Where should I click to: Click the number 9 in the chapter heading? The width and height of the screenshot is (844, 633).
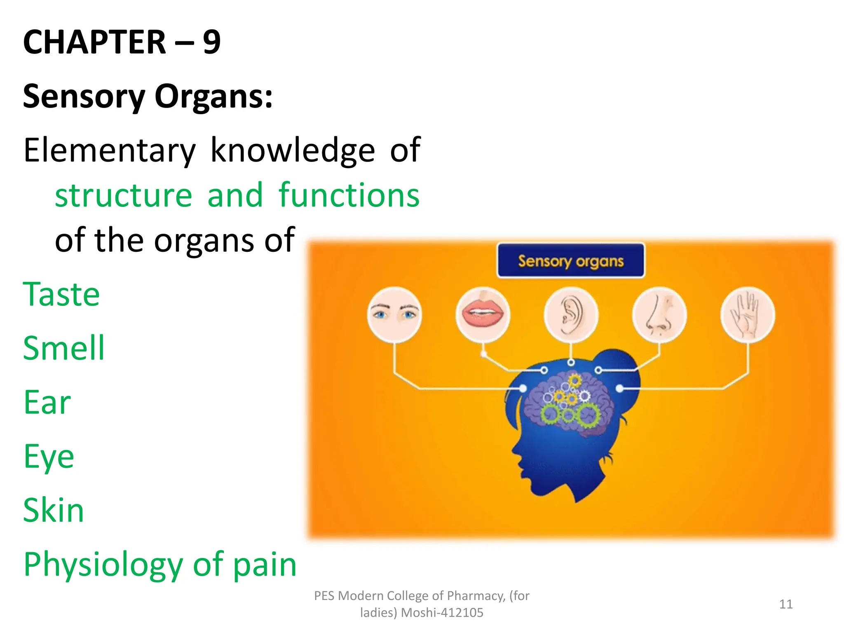pyautogui.click(x=212, y=42)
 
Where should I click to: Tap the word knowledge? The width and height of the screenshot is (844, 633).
pyautogui.click(x=293, y=151)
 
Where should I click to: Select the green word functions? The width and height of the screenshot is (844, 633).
pyautogui.click(x=349, y=196)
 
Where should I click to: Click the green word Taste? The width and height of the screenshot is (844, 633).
pyautogui.click(x=61, y=295)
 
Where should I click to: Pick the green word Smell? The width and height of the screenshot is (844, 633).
pyautogui.click(x=64, y=349)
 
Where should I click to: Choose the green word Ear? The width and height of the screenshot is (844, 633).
pyautogui.click(x=47, y=403)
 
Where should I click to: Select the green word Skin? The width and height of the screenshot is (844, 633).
pyautogui.click(x=54, y=511)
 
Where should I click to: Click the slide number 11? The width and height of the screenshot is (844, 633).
pyautogui.click(x=786, y=604)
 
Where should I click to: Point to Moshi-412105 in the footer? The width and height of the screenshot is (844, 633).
pyautogui.click(x=442, y=613)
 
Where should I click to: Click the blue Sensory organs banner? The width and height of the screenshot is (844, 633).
pyautogui.click(x=571, y=261)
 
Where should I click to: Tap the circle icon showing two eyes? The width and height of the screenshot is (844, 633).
pyautogui.click(x=394, y=315)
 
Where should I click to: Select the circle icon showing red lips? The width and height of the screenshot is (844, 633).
pyautogui.click(x=483, y=315)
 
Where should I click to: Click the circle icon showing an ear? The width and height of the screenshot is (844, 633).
pyautogui.click(x=571, y=315)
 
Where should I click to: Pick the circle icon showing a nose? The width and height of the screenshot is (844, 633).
pyautogui.click(x=659, y=315)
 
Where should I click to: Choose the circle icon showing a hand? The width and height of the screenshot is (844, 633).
pyautogui.click(x=747, y=315)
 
